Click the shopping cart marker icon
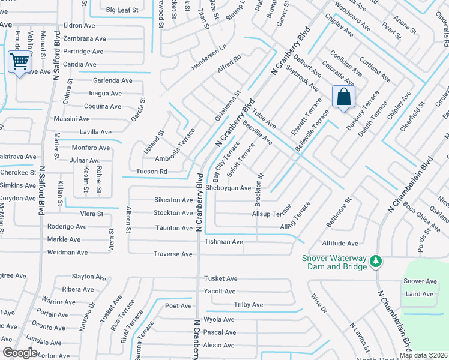tap(19, 62)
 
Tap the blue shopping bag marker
tap(343, 97)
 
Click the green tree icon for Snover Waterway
tap(375, 261)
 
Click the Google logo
tap(20, 353)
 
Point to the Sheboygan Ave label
tap(228, 188)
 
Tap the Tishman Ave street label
tap(223, 241)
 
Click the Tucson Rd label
tap(151, 171)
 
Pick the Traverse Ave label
tap(173, 254)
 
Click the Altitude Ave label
tap(340, 243)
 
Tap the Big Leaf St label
tap(122, 10)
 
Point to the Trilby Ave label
tap(249, 305)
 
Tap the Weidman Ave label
tap(68, 253)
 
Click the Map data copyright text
tap(424, 355)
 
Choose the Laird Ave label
tap(419, 294)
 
